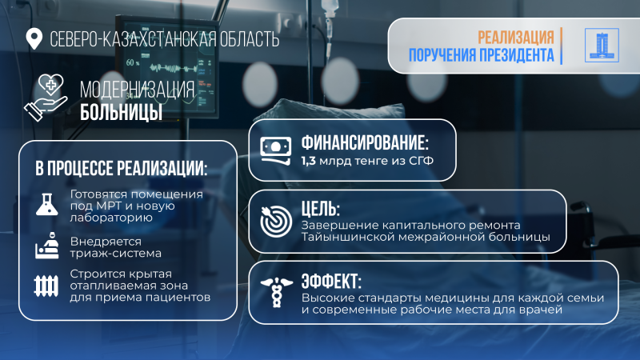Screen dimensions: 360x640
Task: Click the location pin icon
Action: point(34,38)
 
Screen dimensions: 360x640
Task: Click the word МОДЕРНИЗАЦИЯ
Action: point(137,89)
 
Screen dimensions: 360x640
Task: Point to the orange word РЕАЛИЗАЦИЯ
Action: point(516,38)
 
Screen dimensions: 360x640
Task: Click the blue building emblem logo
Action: point(598,46)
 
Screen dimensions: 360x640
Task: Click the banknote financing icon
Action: point(277,151)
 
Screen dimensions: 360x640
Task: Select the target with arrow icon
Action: point(277,220)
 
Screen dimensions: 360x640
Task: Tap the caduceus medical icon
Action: point(277,290)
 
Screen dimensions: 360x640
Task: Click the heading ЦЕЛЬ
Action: point(321,210)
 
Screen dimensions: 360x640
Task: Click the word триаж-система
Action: point(116,253)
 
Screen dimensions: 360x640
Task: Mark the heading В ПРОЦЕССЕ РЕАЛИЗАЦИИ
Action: point(121,170)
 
